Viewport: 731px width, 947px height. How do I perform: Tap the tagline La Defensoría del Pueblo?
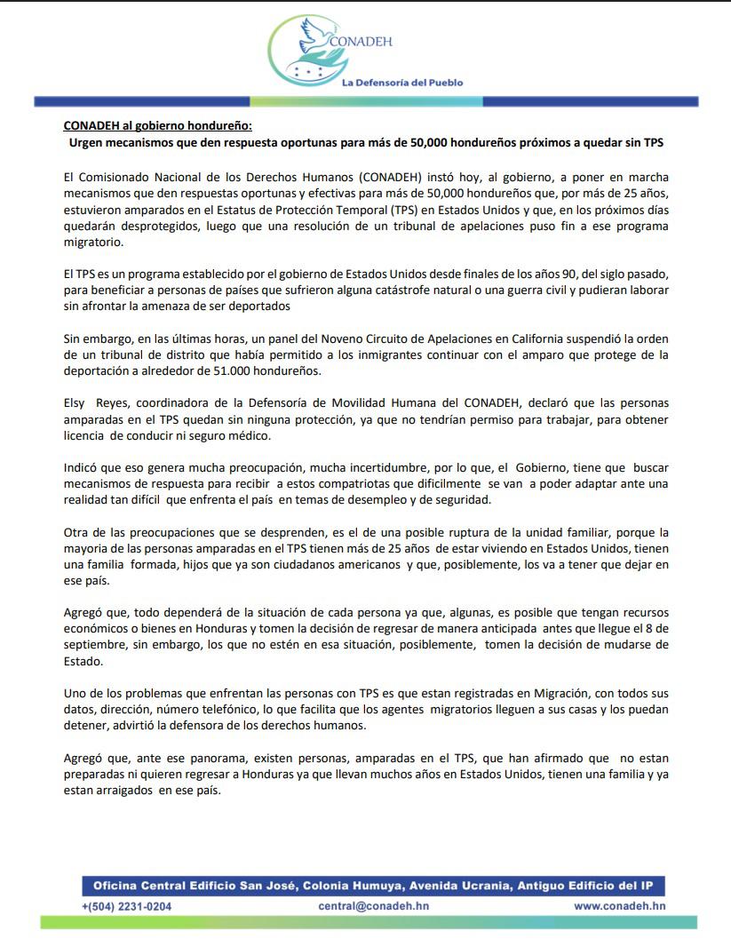pyautogui.click(x=402, y=83)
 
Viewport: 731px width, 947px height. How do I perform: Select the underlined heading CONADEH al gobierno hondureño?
pyautogui.click(x=157, y=125)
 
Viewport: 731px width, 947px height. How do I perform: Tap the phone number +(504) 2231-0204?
pyautogui.click(x=127, y=906)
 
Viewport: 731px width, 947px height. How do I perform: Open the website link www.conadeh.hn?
pyautogui.click(x=619, y=906)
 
